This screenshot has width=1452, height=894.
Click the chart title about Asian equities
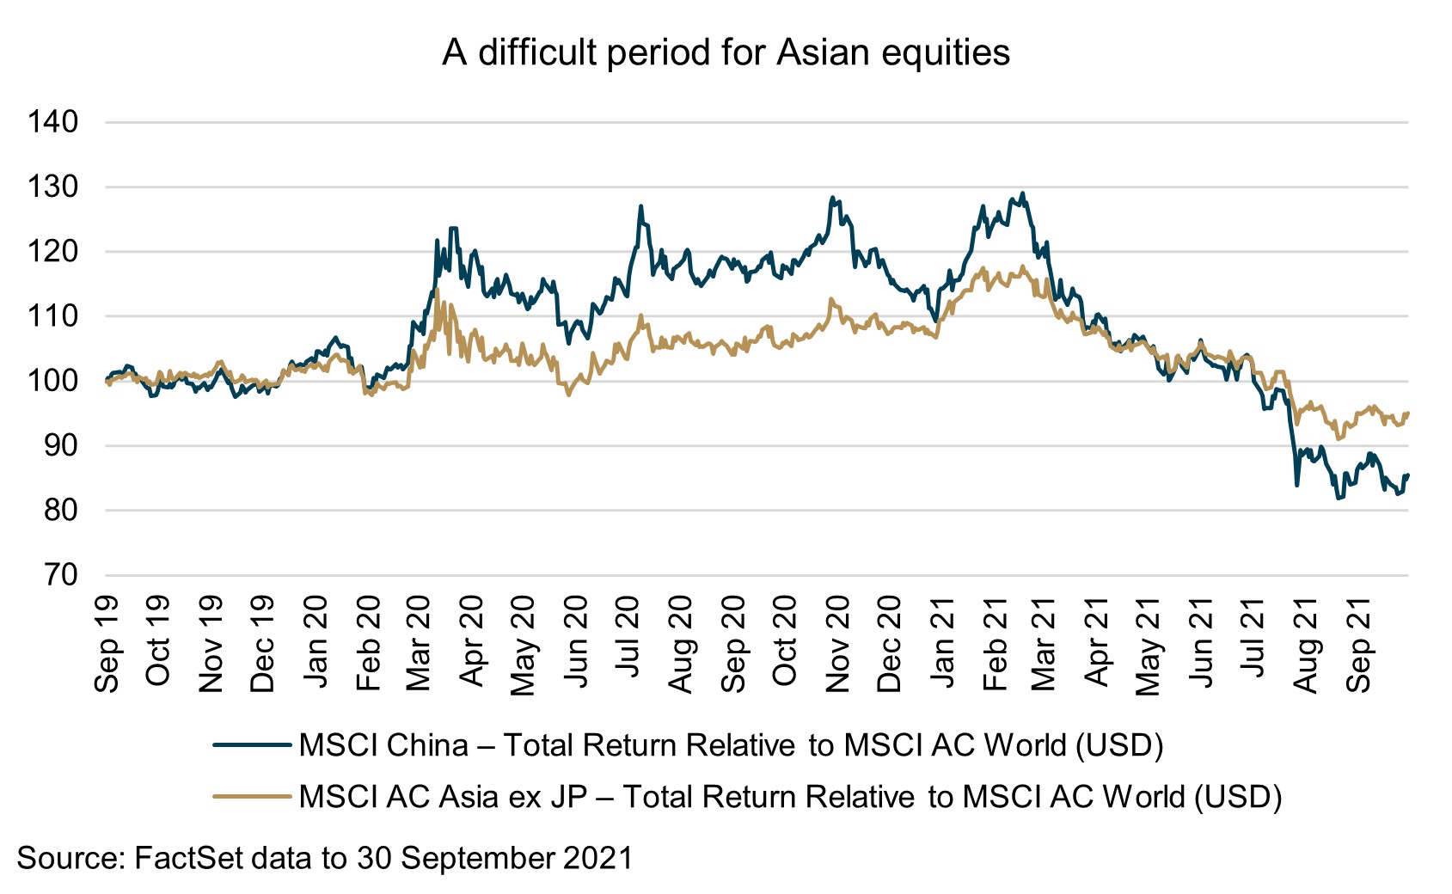pos(726,53)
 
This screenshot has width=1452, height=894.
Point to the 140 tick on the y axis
pos(53,122)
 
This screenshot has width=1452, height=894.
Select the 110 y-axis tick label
pos(53,316)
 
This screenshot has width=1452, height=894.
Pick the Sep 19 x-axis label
pos(107,644)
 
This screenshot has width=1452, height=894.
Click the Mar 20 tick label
pos(420,644)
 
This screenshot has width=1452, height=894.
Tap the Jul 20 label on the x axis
pos(628,644)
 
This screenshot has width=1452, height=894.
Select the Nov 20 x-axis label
pos(837,644)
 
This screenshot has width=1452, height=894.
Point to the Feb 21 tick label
pos(995,644)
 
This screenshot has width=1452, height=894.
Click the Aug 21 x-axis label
pos(1307,644)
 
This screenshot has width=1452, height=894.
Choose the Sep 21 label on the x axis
pos(1359,644)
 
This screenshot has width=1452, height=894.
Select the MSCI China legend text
pos(731,745)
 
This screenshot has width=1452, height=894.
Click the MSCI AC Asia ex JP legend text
pos(790,797)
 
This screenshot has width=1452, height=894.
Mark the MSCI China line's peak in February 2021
pos(1022,193)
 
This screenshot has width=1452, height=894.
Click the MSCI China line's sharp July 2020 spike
pos(640,206)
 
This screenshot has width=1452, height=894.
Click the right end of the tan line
pos(1407,413)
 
